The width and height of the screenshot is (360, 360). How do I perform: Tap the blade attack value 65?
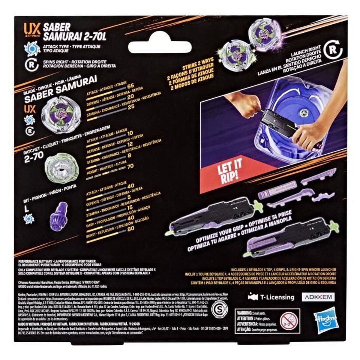coord(130,86)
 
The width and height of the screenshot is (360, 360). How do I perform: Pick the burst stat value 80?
coord(130,229)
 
